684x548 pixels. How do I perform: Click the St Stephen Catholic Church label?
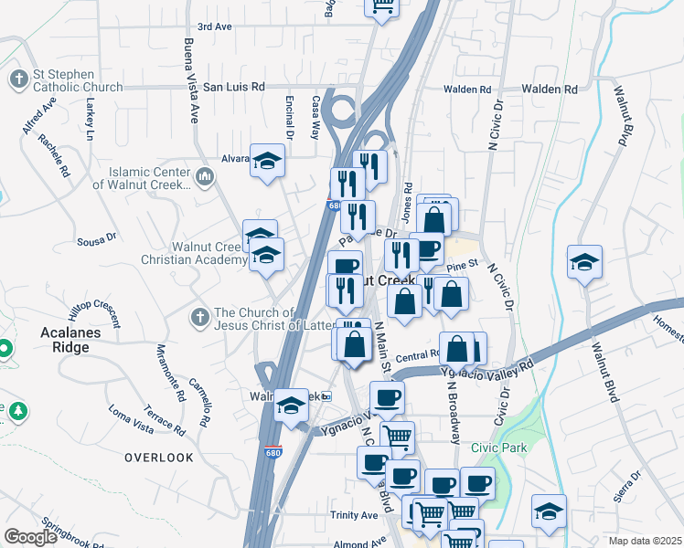click(x=77, y=80)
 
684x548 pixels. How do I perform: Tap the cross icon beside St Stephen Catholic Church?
click(x=18, y=79)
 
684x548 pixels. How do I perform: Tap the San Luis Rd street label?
click(x=233, y=87)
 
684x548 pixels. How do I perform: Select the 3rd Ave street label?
click(x=215, y=27)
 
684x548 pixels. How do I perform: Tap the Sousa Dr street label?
click(x=98, y=237)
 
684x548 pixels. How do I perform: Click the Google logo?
click(x=30, y=537)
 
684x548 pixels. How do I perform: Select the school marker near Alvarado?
click(x=266, y=162)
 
